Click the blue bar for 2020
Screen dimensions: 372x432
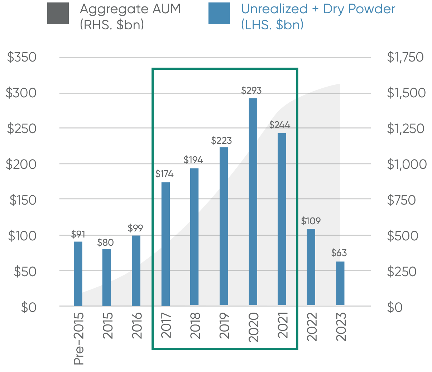(x=253, y=201)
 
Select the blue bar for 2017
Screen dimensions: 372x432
(x=165, y=244)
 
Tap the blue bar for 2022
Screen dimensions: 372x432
(x=311, y=267)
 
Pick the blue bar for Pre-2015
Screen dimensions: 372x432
(x=78, y=274)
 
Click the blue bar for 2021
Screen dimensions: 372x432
(x=282, y=219)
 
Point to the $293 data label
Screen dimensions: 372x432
(x=251, y=90)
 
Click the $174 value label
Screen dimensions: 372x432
(x=164, y=174)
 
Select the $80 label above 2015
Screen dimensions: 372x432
(x=105, y=243)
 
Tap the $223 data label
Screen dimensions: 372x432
(x=221, y=141)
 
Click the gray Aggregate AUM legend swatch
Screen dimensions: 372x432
(x=58, y=14)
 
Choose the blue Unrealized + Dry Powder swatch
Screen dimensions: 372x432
(x=219, y=14)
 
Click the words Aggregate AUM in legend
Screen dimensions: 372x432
(x=130, y=9)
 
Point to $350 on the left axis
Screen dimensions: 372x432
(x=21, y=57)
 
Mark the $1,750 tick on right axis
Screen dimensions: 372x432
(x=405, y=57)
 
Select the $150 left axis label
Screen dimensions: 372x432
(x=22, y=200)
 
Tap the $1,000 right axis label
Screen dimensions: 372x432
(x=407, y=164)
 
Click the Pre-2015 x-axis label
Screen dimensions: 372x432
(x=79, y=338)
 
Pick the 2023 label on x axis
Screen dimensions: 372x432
(x=342, y=327)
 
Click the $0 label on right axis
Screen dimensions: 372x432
(x=395, y=307)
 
